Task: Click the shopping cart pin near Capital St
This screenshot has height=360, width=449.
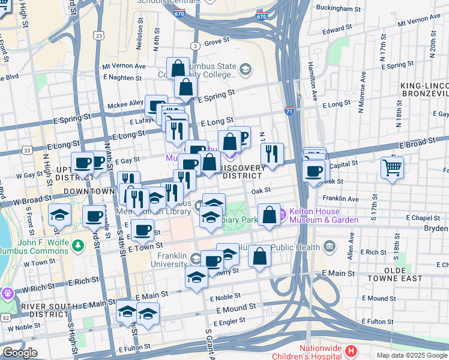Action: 392,168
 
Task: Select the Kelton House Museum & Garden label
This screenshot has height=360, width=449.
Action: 324,215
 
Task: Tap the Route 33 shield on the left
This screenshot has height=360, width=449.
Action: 27,149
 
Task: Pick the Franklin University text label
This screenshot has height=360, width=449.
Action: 172,259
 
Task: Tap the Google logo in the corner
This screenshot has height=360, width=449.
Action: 19,353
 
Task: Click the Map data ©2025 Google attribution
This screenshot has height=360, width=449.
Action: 412,355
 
